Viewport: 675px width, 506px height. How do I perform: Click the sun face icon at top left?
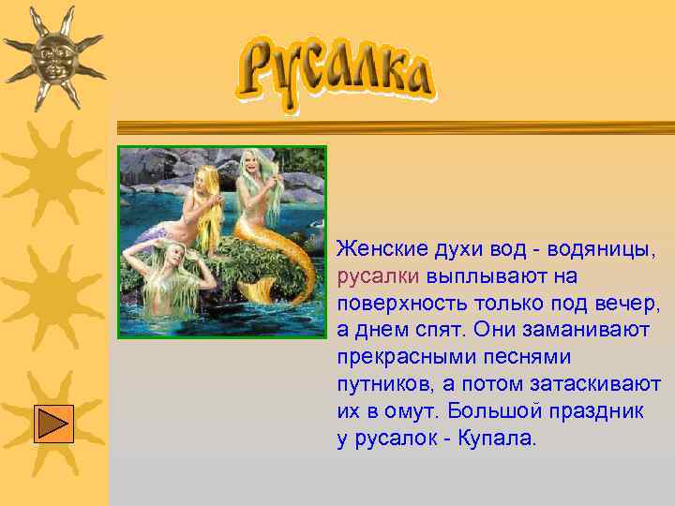52,56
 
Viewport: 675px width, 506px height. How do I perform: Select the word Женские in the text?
381,249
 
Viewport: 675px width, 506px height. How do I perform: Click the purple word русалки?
378,276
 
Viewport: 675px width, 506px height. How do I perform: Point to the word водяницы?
594,249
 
